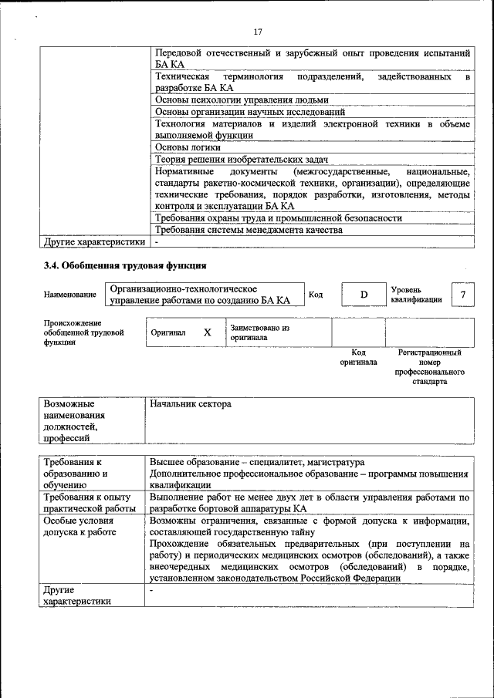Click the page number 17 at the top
(258, 32)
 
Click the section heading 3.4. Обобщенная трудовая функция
(124, 266)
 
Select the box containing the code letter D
(364, 295)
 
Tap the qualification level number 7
(462, 295)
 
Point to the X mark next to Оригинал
(207, 332)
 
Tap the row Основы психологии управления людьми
(242, 99)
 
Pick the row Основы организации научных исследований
(250, 112)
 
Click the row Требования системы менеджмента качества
(248, 230)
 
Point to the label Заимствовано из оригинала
(259, 332)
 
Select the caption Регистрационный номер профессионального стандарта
(430, 366)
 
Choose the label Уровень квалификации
(417, 295)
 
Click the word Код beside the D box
(316, 295)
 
